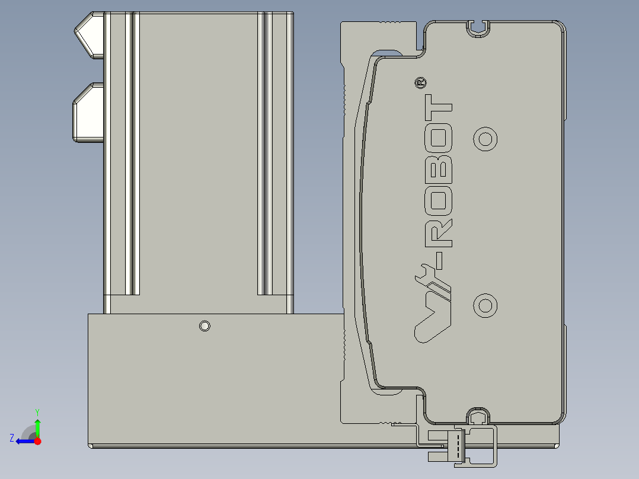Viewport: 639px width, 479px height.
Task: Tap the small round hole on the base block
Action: pos(205,325)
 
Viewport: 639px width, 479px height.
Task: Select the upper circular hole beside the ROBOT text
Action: pos(485,139)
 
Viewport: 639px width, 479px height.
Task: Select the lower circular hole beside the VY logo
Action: pos(485,305)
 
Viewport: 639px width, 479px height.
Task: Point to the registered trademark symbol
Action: pos(420,83)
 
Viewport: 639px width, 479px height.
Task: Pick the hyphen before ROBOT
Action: pos(441,257)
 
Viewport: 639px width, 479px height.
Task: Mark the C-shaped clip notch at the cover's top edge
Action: pos(478,27)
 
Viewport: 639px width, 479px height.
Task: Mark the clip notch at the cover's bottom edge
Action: pos(478,416)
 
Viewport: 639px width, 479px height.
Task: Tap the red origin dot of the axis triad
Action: pos(37,441)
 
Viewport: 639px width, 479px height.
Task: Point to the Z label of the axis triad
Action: pos(12,438)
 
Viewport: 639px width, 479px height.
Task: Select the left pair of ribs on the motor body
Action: pos(132,154)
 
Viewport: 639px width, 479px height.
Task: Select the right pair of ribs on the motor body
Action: pos(265,154)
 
